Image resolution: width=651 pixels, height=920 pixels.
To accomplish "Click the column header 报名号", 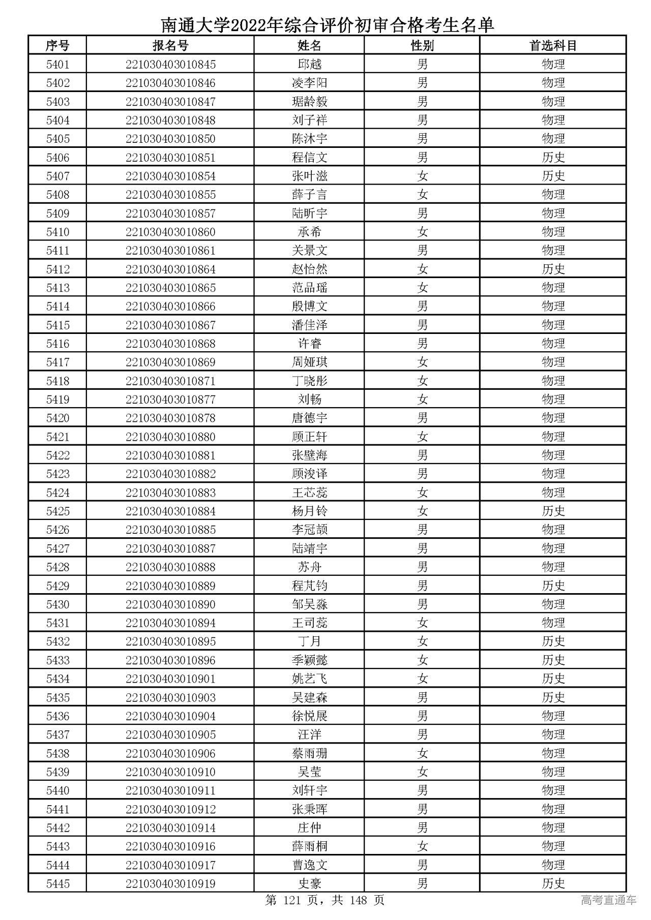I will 170,46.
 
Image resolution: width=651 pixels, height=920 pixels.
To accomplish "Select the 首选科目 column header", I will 553,46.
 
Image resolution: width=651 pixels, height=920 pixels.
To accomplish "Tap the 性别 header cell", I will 422,46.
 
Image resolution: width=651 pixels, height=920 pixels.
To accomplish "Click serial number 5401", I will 57,65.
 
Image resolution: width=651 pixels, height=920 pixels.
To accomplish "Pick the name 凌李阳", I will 309,83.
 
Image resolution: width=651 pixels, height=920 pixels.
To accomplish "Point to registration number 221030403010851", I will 170,158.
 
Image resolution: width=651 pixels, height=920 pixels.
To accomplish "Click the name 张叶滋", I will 309,176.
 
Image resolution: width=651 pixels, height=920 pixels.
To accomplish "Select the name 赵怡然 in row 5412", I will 309,269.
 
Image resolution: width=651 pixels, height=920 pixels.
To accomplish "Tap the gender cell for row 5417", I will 422,362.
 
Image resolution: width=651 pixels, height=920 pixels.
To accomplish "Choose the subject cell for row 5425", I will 553,511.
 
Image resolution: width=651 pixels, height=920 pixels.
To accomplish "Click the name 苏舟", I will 309,567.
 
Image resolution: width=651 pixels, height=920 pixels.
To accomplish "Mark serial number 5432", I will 57,641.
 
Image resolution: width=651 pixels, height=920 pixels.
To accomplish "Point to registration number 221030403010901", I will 170,679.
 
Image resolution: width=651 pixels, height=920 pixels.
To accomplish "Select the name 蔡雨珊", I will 309,753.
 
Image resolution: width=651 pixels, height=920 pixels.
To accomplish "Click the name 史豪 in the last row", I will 309,884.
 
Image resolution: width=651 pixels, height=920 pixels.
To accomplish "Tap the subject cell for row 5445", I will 553,884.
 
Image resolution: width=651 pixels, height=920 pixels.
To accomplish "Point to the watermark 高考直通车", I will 608,900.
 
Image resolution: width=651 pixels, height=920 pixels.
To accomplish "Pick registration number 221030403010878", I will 170,418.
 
